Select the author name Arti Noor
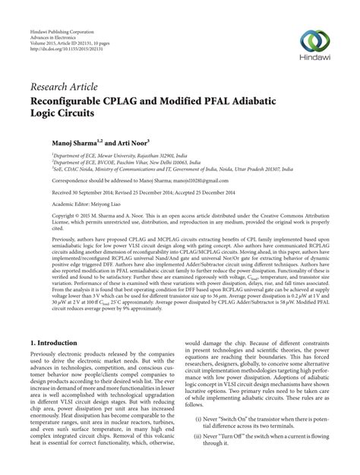(x=131, y=141)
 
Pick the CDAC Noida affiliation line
(x=152, y=169)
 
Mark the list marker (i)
(x=199, y=439)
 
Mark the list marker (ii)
(x=198, y=458)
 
